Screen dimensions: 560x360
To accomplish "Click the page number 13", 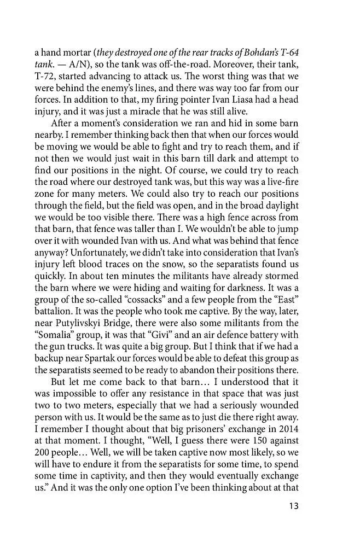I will [x=292, y=506].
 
